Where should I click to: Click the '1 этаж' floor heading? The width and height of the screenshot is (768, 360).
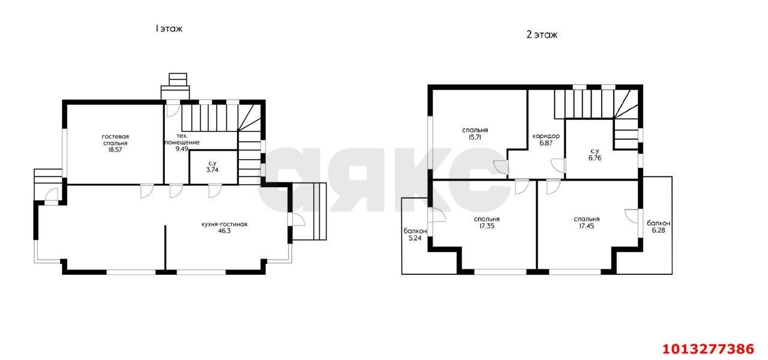click(x=169, y=29)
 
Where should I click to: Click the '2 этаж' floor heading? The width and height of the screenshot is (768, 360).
click(x=542, y=35)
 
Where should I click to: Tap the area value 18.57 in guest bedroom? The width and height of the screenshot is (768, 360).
click(x=115, y=150)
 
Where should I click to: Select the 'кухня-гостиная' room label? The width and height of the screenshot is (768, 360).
click(x=224, y=224)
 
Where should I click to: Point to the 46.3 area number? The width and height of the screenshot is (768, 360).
click(x=224, y=231)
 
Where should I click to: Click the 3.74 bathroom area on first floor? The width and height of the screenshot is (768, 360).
click(x=212, y=170)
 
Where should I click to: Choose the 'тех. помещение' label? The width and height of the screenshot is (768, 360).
click(x=182, y=139)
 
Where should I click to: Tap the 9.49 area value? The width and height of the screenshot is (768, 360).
click(x=182, y=149)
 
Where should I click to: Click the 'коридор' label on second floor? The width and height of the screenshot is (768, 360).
click(x=546, y=136)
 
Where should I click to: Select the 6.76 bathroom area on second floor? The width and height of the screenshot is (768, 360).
click(x=595, y=158)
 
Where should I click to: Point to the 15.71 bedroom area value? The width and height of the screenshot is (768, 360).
click(x=475, y=137)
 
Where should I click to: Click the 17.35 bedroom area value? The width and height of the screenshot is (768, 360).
click(x=487, y=226)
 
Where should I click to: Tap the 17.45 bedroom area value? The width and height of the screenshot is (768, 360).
click(x=587, y=226)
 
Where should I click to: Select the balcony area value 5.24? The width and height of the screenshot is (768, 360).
click(x=415, y=238)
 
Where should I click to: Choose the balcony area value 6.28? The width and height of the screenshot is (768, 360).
click(x=658, y=230)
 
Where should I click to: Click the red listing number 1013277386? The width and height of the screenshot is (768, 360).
click(x=708, y=349)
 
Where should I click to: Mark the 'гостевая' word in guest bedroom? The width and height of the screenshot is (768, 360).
click(x=115, y=137)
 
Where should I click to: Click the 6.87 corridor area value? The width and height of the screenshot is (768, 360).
click(x=546, y=143)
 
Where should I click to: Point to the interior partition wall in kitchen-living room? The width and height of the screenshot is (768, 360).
click(x=165, y=248)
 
